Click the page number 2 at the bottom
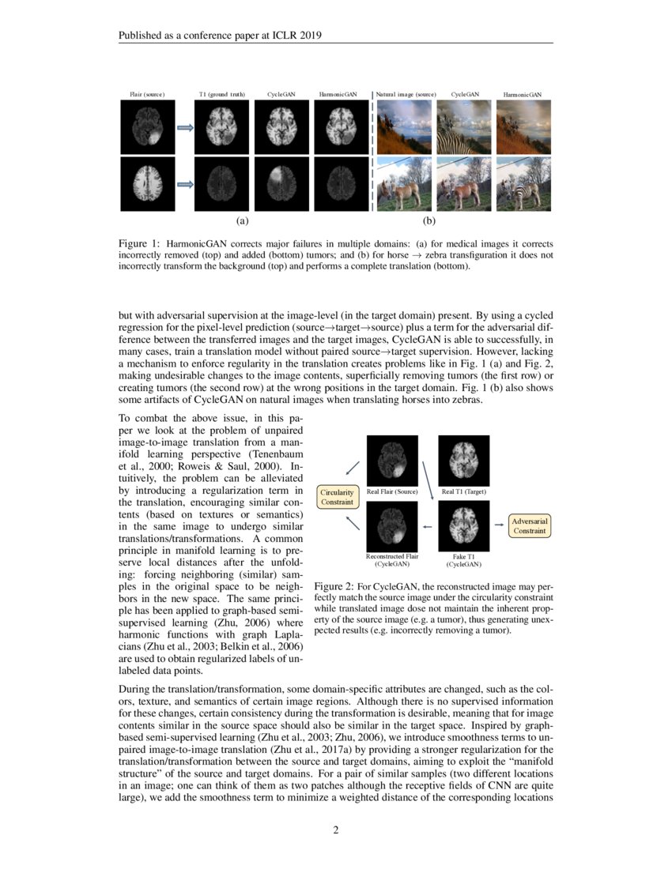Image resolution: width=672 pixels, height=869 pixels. pyautogui.click(x=336, y=829)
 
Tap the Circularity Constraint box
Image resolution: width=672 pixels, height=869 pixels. pyautogui.click(x=338, y=497)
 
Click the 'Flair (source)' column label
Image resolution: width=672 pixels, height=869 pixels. pyautogui.click(x=147, y=95)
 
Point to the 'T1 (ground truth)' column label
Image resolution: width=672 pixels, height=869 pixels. pyautogui.click(x=221, y=95)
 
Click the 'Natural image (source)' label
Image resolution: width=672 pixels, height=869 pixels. pyautogui.click(x=406, y=95)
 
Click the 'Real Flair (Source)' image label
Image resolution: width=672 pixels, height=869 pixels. pyautogui.click(x=392, y=492)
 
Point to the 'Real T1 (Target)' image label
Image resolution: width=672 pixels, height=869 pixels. pyautogui.click(x=464, y=492)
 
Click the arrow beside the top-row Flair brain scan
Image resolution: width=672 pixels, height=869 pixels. pyautogui.click(x=184, y=127)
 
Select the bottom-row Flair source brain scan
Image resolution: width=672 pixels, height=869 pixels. pyautogui.click(x=147, y=183)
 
